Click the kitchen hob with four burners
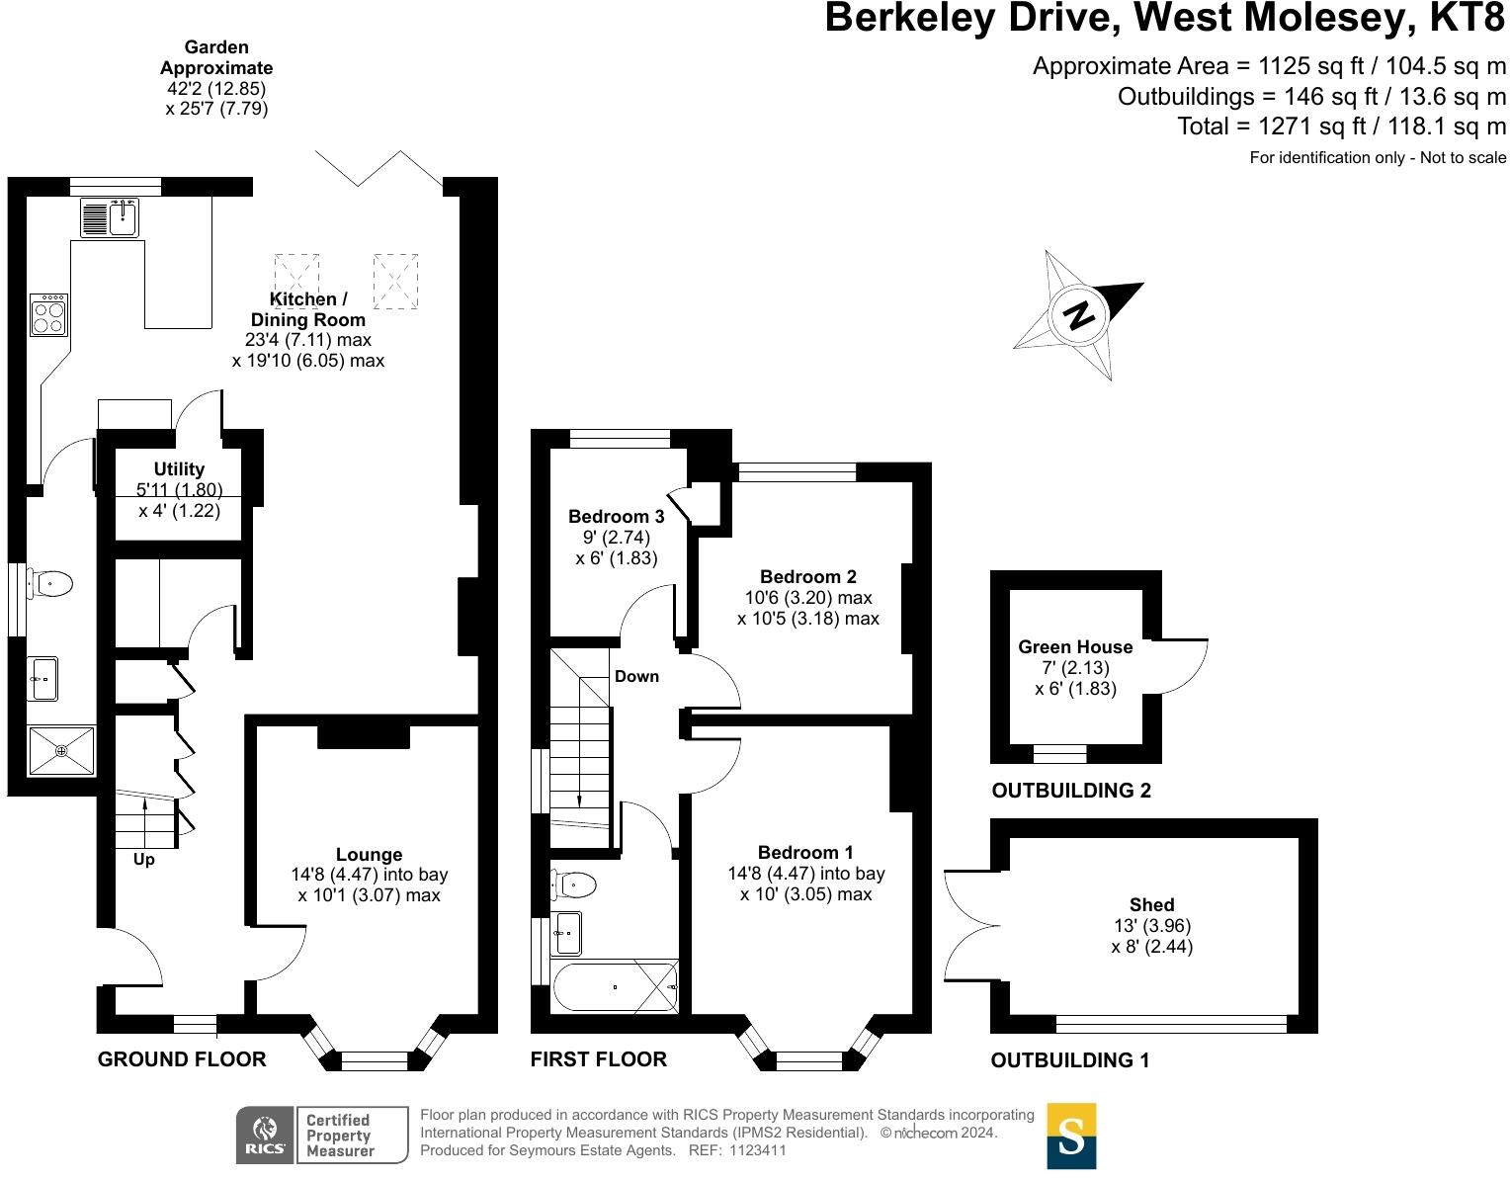(48, 314)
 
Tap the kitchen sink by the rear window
(110, 216)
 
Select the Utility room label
(179, 469)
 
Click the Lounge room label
(369, 854)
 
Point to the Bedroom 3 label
(617, 516)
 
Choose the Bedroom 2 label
(808, 577)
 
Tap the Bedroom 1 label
(805, 853)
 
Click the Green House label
(1075, 647)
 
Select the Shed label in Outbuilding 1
(1151, 905)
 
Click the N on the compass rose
(1079, 316)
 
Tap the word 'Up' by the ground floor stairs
(144, 861)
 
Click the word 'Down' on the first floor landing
(636, 676)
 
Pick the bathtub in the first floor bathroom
(616, 987)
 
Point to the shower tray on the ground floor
(61, 750)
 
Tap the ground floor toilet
(49, 584)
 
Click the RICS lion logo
(266, 1135)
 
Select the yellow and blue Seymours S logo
(1071, 1137)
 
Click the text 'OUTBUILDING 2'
(1071, 791)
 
